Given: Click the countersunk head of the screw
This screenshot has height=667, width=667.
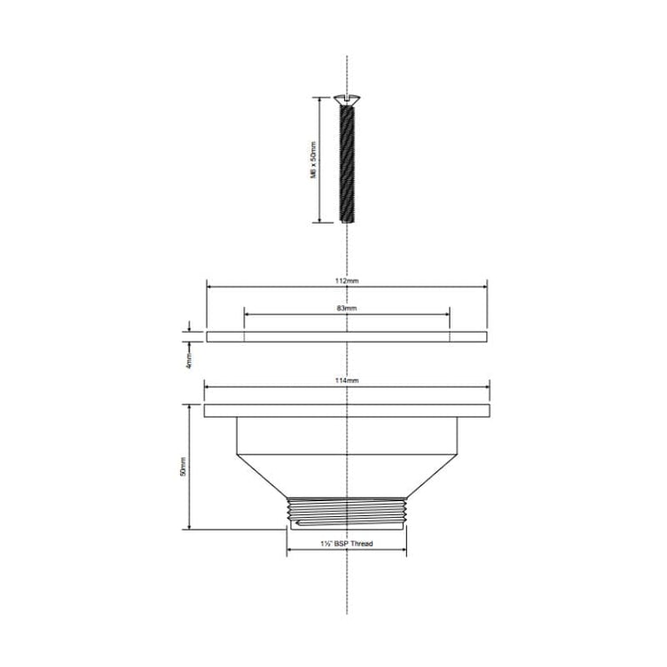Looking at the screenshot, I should click(346, 101).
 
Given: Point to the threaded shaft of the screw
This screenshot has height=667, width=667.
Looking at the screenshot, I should click(346, 164).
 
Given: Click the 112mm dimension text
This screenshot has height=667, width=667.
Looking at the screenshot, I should click(348, 279).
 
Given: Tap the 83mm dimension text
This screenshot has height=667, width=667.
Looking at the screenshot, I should click(347, 308).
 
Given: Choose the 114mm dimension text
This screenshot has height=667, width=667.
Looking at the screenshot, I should click(348, 380).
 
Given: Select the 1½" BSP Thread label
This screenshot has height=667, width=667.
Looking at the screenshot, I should click(348, 543).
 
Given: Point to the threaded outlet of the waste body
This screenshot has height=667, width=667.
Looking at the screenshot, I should click(347, 513).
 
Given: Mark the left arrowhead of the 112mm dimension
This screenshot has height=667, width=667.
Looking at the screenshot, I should click(209, 286).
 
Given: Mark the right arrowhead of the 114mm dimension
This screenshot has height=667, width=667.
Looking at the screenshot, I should click(485, 386).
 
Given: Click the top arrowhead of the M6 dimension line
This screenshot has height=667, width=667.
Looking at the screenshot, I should click(318, 101).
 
